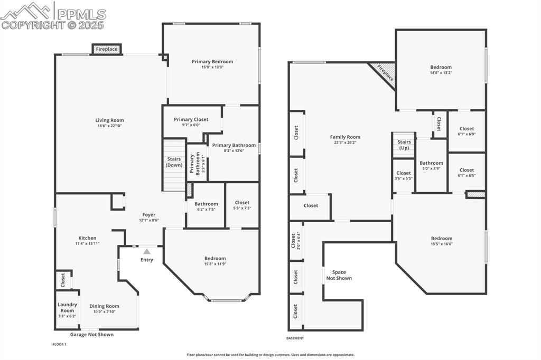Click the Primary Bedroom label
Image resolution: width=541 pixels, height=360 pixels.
coord(212,62)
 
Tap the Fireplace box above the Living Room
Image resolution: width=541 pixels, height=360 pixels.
coord(107,49)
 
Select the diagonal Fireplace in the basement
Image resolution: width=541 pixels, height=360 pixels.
coord(383,73)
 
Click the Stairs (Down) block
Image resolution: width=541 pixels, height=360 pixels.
coord(174,162)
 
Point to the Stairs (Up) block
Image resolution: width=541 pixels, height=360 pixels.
coord(404,145)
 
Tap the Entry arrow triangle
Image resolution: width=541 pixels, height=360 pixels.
coord(147,252)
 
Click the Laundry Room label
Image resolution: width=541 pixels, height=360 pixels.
coord(67,307)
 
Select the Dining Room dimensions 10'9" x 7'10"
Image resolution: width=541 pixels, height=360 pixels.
coord(104,312)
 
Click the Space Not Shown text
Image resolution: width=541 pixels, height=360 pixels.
coord(339,275)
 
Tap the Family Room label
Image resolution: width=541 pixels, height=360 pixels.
coord(345,137)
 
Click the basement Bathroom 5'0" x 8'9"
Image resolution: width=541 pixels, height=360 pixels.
coord(432,166)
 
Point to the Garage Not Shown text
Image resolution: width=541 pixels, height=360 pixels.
coord(92,335)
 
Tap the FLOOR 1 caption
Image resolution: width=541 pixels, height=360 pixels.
coord(60,344)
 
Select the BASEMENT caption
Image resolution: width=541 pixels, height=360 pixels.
coord(295,338)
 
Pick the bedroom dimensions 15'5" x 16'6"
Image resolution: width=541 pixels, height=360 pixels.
coord(441,244)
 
